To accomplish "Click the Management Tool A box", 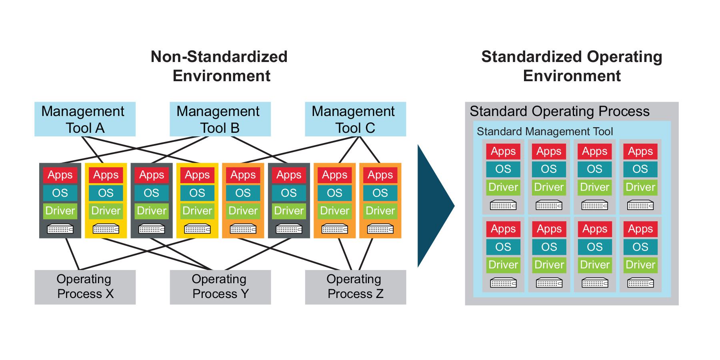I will [x=85, y=119].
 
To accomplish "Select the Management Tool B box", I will [x=220, y=119].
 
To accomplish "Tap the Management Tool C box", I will [x=355, y=119].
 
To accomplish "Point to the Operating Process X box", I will [x=85, y=287].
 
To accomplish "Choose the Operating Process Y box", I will [x=220, y=287].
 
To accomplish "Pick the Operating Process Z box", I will [x=355, y=287].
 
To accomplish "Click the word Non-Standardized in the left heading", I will [x=219, y=57].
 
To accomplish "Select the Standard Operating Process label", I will [x=559, y=111].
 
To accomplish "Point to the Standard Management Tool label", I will [x=544, y=132].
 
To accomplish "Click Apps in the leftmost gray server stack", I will [x=60, y=175].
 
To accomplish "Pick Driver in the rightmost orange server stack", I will [x=380, y=211].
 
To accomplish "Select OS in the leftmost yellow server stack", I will [x=106, y=193].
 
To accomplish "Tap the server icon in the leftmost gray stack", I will [x=60, y=229].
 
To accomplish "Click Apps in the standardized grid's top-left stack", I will [x=503, y=152].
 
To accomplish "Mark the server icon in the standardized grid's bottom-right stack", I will [x=640, y=283].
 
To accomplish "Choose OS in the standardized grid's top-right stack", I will [x=640, y=169].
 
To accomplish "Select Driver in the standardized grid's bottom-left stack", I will [x=503, y=265].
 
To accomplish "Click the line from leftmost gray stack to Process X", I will [x=72, y=254].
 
